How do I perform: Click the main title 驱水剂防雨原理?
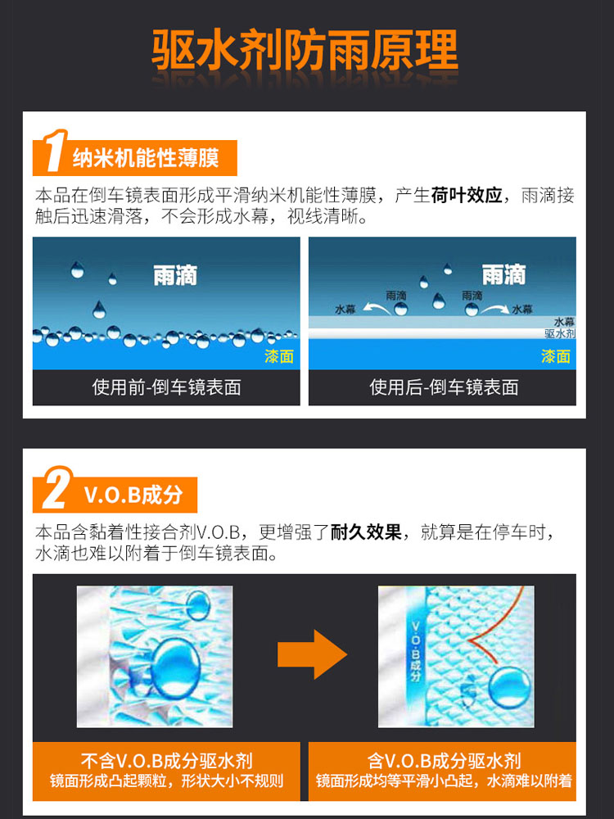click(305, 50)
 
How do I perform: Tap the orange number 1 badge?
click(54, 151)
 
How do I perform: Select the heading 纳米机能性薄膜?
click(146, 158)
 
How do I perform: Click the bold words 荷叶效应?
click(467, 196)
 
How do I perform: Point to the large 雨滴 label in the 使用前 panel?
click(175, 274)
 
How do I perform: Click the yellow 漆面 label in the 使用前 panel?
click(279, 357)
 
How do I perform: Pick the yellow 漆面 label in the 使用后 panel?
click(556, 357)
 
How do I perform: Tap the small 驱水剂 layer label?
click(560, 333)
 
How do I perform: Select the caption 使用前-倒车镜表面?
click(166, 387)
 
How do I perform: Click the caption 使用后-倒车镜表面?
click(444, 387)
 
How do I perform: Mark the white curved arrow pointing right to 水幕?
click(494, 308)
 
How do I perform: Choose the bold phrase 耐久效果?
click(366, 532)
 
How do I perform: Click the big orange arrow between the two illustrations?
click(312, 654)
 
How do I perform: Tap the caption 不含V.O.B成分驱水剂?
click(166, 761)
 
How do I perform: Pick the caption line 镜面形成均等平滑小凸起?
click(395, 781)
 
